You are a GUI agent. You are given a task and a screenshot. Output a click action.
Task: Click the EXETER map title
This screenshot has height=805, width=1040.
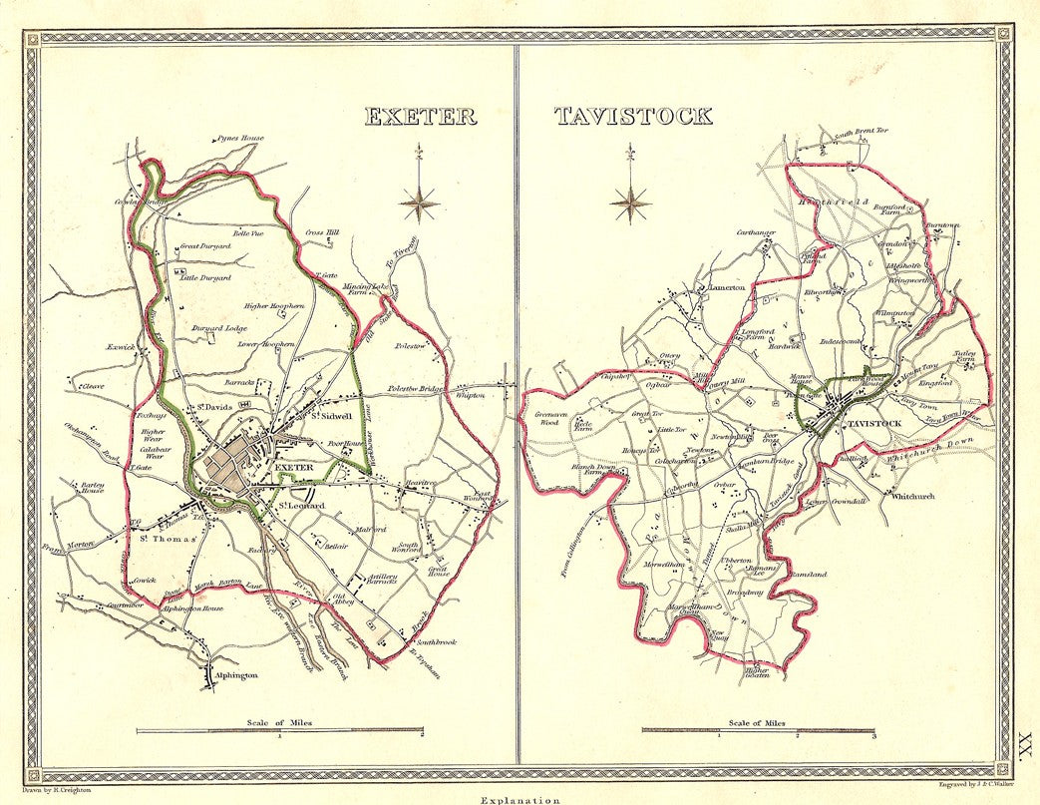point(420,115)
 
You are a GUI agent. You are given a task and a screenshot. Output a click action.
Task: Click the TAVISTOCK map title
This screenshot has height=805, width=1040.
point(633,115)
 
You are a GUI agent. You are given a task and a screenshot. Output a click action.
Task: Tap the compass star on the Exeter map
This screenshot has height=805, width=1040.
point(420,202)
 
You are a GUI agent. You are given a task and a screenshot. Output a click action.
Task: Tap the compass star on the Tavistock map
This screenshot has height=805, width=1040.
point(630,203)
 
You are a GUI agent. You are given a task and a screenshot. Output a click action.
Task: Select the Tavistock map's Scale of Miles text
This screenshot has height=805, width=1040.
point(756,722)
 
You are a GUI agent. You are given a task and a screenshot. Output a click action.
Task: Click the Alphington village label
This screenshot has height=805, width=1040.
point(237,675)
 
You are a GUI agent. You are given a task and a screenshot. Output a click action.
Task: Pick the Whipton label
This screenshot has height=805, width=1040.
point(470,395)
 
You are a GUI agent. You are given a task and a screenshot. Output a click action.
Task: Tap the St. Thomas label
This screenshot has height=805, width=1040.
point(159,540)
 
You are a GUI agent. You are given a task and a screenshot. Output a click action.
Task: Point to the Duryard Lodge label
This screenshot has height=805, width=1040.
point(220,328)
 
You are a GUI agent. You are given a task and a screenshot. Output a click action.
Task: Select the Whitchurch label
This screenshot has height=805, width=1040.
point(912,496)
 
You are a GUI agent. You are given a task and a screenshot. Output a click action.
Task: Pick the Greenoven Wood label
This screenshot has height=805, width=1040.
point(551,418)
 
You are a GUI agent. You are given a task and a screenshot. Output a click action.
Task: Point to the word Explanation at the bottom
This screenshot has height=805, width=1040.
point(519,799)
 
